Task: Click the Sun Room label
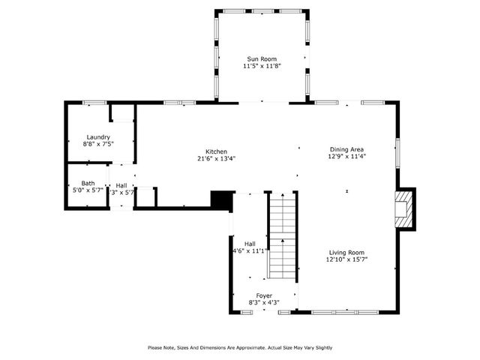pyautogui.click(x=260, y=58)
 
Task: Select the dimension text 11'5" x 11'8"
pyautogui.click(x=260, y=66)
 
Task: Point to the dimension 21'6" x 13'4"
pyautogui.click(x=217, y=159)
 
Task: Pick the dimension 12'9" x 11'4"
pyautogui.click(x=346, y=157)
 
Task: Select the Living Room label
pyautogui.click(x=346, y=253)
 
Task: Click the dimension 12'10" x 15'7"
pyautogui.click(x=346, y=260)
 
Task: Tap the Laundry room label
pyautogui.click(x=98, y=137)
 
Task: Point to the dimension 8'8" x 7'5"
pyautogui.click(x=98, y=144)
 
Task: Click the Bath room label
pyautogui.click(x=88, y=184)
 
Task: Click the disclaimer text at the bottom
pyautogui.click(x=240, y=347)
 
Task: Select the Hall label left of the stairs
pyautogui.click(x=250, y=244)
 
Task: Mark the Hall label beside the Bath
pyautogui.click(x=121, y=185)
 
